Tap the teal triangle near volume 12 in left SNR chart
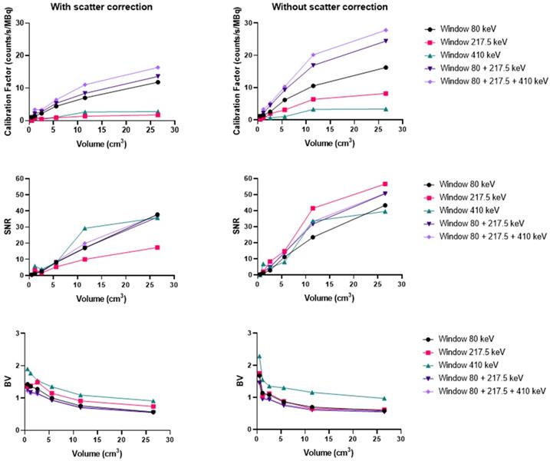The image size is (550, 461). point(85,228)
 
